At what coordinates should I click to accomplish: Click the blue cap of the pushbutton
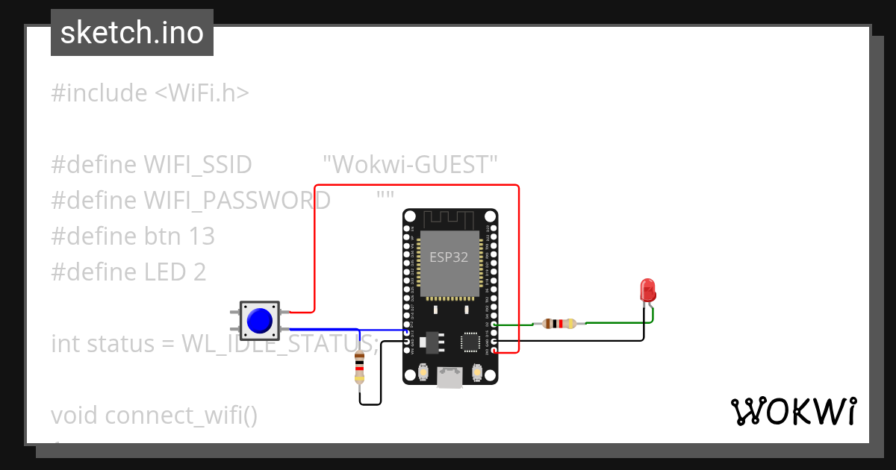[259, 320]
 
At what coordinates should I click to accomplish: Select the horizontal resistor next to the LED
[560, 324]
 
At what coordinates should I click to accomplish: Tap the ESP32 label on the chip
[449, 257]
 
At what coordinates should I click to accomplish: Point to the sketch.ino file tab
[132, 33]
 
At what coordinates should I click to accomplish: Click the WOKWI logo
[793, 411]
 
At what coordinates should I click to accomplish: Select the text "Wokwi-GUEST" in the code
[410, 164]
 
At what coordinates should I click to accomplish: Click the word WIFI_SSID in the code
[197, 164]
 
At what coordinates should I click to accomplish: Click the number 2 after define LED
[199, 272]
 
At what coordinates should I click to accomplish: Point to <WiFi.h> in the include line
[202, 93]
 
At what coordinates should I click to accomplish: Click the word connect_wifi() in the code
[181, 416]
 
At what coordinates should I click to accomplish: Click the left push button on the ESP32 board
[423, 371]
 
